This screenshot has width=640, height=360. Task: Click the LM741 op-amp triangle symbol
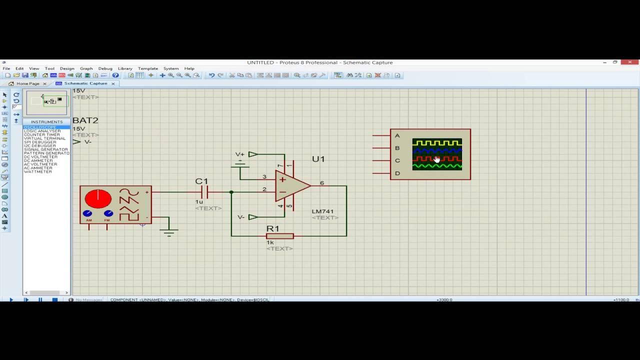point(291,185)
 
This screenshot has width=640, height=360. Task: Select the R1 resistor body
point(279,236)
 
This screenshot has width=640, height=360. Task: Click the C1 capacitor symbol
point(204,192)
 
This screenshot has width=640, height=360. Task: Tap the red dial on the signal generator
point(98,198)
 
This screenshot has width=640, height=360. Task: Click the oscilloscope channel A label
point(397,135)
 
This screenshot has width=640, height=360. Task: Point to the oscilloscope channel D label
point(397,173)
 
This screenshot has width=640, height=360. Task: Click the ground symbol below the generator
point(169,231)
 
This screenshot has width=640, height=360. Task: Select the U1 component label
point(318,159)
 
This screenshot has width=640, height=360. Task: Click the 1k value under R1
point(270,243)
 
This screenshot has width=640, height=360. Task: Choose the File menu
point(6,68)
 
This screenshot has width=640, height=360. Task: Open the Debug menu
point(105,68)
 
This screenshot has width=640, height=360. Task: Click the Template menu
point(147,68)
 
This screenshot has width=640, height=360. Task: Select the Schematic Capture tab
point(85,83)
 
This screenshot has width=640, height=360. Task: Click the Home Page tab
point(27,83)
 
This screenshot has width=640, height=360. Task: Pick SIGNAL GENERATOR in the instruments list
point(46,149)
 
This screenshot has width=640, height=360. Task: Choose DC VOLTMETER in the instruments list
point(40,157)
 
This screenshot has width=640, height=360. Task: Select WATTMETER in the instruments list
point(38,171)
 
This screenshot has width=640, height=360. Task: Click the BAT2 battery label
point(85,120)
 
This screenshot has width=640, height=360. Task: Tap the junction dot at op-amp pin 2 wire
point(231,192)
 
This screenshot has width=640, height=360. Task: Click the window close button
point(629,62)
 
